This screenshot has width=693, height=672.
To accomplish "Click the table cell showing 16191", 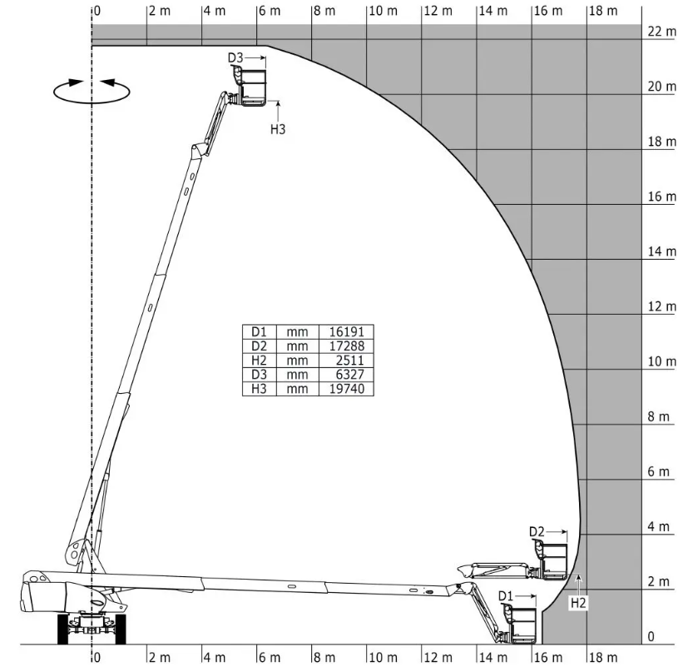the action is click(x=347, y=331).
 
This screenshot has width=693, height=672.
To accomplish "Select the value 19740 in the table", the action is click(x=347, y=389).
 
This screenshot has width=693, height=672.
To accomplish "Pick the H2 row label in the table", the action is click(x=259, y=361).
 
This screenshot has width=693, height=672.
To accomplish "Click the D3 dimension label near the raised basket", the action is click(x=235, y=57).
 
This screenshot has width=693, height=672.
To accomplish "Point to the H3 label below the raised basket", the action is click(x=278, y=129).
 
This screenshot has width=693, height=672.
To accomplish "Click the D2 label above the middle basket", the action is click(x=537, y=531).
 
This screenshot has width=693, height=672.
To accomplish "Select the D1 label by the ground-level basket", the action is click(x=506, y=596).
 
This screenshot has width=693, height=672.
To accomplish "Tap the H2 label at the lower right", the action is click(x=578, y=603).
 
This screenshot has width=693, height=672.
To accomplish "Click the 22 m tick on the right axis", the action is click(x=661, y=32).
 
